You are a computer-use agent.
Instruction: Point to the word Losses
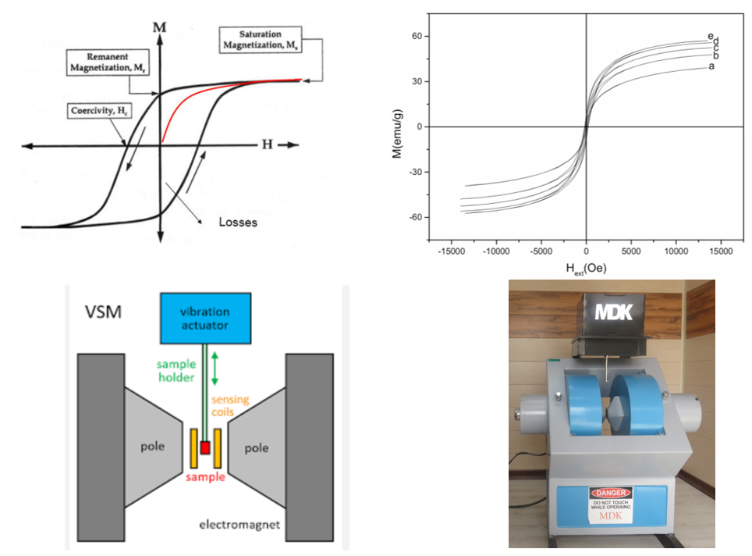(x=237, y=222)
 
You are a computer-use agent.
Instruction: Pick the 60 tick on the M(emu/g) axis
(x=416, y=37)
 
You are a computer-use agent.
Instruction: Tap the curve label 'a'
(x=711, y=66)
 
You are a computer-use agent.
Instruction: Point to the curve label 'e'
(x=710, y=36)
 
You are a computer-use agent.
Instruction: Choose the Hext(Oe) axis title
(x=585, y=267)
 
